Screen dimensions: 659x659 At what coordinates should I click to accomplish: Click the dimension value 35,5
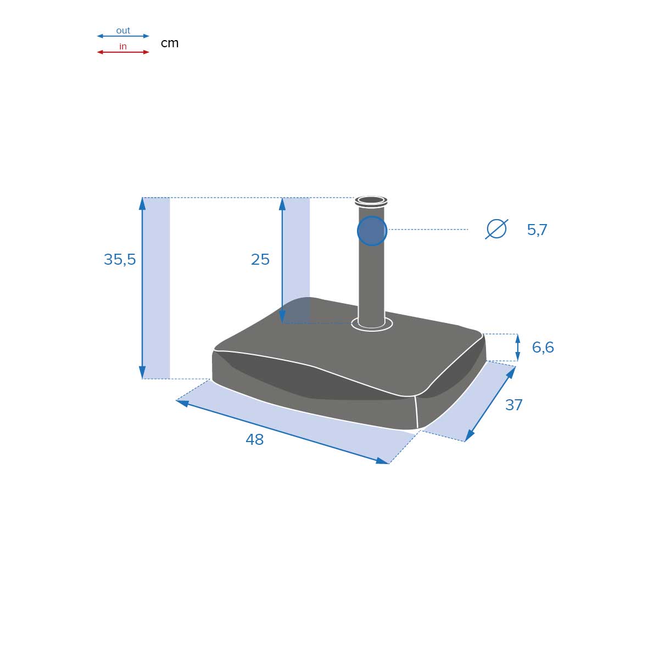tap(120, 260)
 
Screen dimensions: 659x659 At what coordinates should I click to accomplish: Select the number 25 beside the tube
tap(260, 260)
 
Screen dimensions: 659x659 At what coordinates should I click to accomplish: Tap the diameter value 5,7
tap(537, 230)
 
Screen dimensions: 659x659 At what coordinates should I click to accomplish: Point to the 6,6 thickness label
tap(543, 348)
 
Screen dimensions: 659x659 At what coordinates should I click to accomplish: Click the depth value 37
tap(513, 405)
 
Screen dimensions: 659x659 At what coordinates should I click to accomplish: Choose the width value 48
tap(255, 440)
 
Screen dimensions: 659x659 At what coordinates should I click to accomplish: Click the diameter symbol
tap(496, 229)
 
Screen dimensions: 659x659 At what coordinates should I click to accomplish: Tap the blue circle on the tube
tap(372, 231)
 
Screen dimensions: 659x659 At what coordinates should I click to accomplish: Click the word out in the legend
tap(123, 31)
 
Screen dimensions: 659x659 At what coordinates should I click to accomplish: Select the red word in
tap(123, 47)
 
